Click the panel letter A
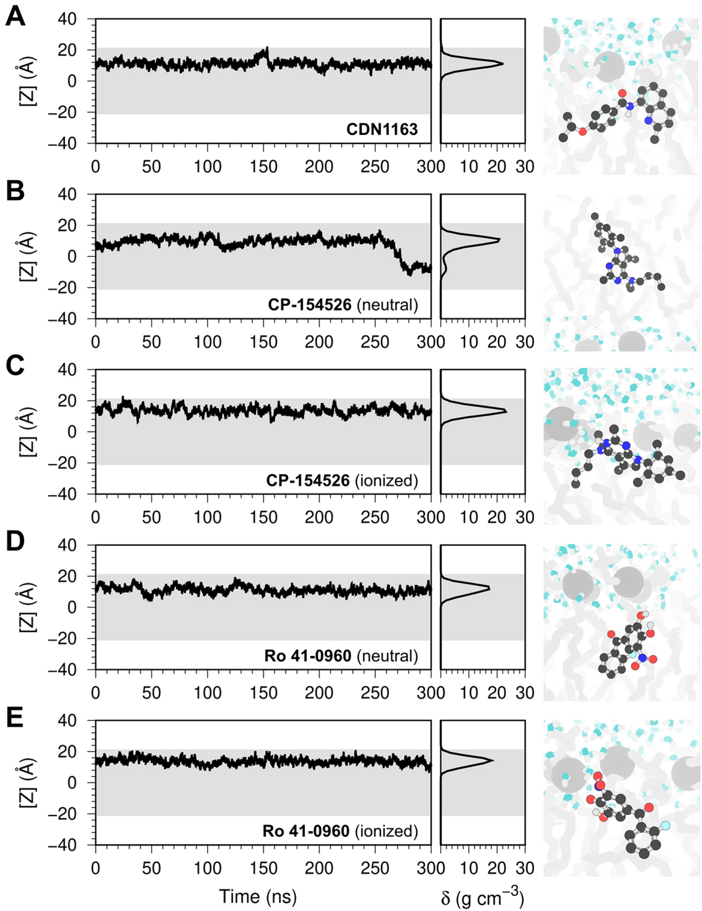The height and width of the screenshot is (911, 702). point(15,16)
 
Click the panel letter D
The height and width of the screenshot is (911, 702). point(15,542)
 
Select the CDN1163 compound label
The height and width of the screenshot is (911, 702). point(382,129)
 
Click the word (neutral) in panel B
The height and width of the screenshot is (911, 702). point(387,305)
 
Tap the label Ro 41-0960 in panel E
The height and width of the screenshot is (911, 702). point(306,831)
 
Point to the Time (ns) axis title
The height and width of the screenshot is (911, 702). point(258,897)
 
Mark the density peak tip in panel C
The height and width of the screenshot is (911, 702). point(506,411)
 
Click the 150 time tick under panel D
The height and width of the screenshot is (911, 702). point(263,693)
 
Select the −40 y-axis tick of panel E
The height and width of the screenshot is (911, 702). point(76,845)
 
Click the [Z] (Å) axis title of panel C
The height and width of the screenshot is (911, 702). point(28,431)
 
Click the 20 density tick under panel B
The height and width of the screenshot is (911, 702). point(497,342)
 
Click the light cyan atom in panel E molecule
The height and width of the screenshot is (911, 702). point(665,826)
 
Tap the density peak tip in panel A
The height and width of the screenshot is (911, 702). point(502,64)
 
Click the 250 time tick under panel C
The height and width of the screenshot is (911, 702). point(375,518)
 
